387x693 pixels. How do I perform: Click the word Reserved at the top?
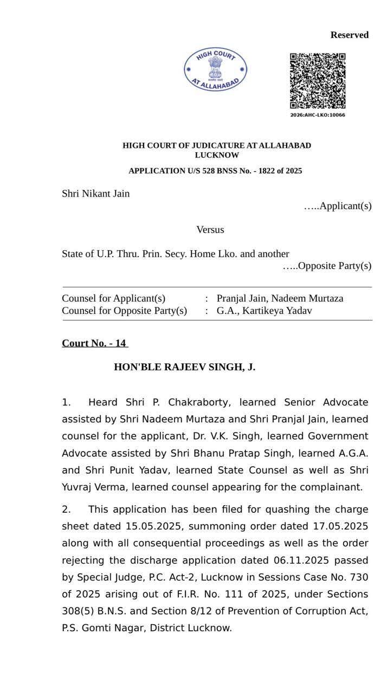click(350, 35)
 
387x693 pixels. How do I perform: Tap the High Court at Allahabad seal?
click(216, 69)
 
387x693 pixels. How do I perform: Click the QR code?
click(318, 81)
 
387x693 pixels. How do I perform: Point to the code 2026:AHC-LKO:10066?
click(318, 115)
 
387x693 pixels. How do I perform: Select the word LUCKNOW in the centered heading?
click(217, 155)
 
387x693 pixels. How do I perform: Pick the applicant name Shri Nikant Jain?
click(96, 194)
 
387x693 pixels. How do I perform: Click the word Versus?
click(210, 230)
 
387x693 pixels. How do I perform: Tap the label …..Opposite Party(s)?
click(327, 266)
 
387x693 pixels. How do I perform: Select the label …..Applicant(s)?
click(338, 206)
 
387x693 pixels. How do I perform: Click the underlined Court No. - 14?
click(94, 343)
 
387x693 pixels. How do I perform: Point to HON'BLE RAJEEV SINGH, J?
click(184, 367)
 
